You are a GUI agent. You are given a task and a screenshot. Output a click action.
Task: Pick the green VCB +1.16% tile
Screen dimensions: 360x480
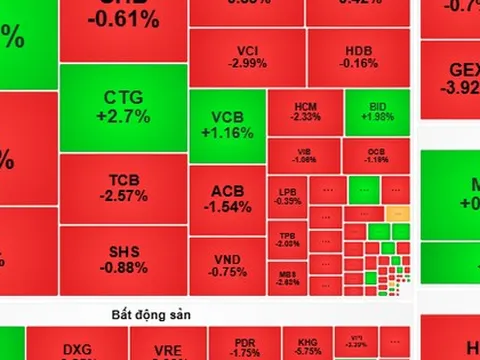click(226, 124)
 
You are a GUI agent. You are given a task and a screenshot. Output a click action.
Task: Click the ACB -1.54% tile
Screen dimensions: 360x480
click(226, 198)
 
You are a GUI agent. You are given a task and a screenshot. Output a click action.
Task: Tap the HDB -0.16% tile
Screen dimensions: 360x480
click(361, 57)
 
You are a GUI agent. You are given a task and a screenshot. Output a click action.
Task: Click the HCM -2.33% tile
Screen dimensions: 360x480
click(305, 112)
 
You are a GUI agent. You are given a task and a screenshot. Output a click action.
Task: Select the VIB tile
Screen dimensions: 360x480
click(305, 155)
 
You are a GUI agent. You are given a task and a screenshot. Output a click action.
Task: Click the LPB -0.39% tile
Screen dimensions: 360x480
click(288, 196)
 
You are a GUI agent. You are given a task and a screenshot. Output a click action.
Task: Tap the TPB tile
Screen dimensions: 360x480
click(288, 239)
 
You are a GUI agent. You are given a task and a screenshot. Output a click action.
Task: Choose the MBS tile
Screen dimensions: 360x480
click(288, 277)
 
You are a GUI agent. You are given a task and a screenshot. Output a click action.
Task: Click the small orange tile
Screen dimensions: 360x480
click(397, 213)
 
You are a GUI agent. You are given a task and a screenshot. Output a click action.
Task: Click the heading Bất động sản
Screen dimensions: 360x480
click(150, 314)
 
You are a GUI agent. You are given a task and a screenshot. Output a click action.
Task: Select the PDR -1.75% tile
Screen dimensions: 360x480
click(245, 347)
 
